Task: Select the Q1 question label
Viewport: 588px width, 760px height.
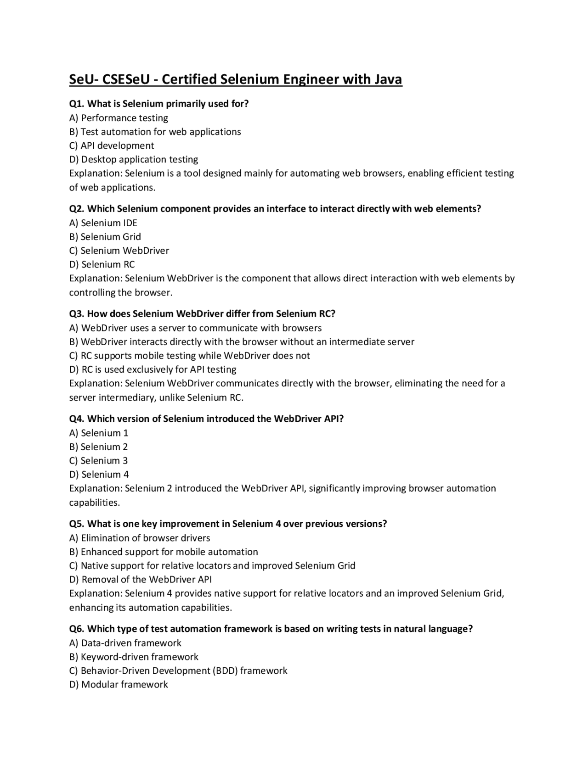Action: (x=77, y=104)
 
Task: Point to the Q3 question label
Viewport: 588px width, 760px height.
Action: (x=77, y=314)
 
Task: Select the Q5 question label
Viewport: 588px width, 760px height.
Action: (x=77, y=524)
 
